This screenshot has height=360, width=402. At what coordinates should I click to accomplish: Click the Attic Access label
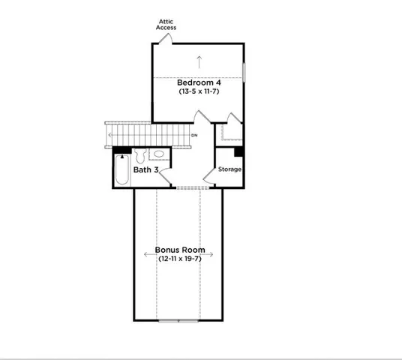point(166,24)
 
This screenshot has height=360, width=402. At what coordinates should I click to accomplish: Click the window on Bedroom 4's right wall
point(244,71)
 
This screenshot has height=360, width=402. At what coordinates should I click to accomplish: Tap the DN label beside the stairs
point(194,135)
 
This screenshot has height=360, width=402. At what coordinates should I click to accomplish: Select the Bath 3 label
point(145,169)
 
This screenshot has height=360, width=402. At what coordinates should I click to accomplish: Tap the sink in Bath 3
point(158,154)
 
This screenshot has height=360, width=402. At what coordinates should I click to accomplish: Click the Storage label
point(229,169)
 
